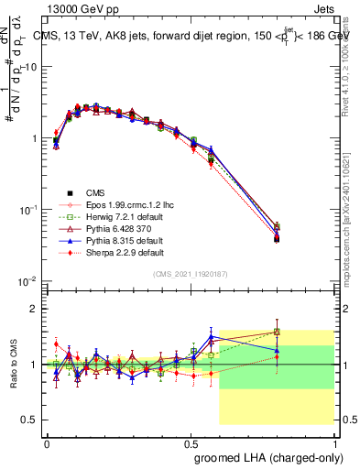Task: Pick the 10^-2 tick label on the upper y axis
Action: pos(27,280)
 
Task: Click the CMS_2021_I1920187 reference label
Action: pos(191,274)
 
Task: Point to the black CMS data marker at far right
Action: pos(301,238)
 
